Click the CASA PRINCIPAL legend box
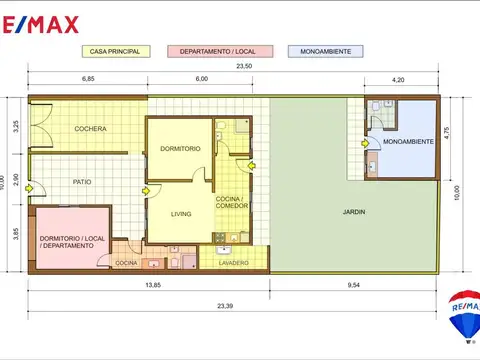pos(116,52)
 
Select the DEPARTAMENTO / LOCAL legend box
pos(220,52)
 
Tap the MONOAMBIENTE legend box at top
pos(325,52)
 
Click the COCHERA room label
pos(90,129)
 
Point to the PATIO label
pos(82,182)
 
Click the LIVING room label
pos(181,214)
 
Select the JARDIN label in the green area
pos(354,212)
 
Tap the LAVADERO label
pos(234,263)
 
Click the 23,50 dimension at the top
pos(244,66)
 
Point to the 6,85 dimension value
pos(88,79)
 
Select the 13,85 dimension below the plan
pos(153,285)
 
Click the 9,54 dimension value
pos(354,285)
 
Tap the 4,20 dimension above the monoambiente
pos(398,80)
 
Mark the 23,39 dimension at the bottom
pos(225,306)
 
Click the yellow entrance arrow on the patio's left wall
pos(29,189)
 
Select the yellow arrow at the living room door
pos(146,191)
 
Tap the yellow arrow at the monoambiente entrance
pos(365,144)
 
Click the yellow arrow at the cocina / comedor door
pos(251,165)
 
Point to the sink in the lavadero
pos(224,250)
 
